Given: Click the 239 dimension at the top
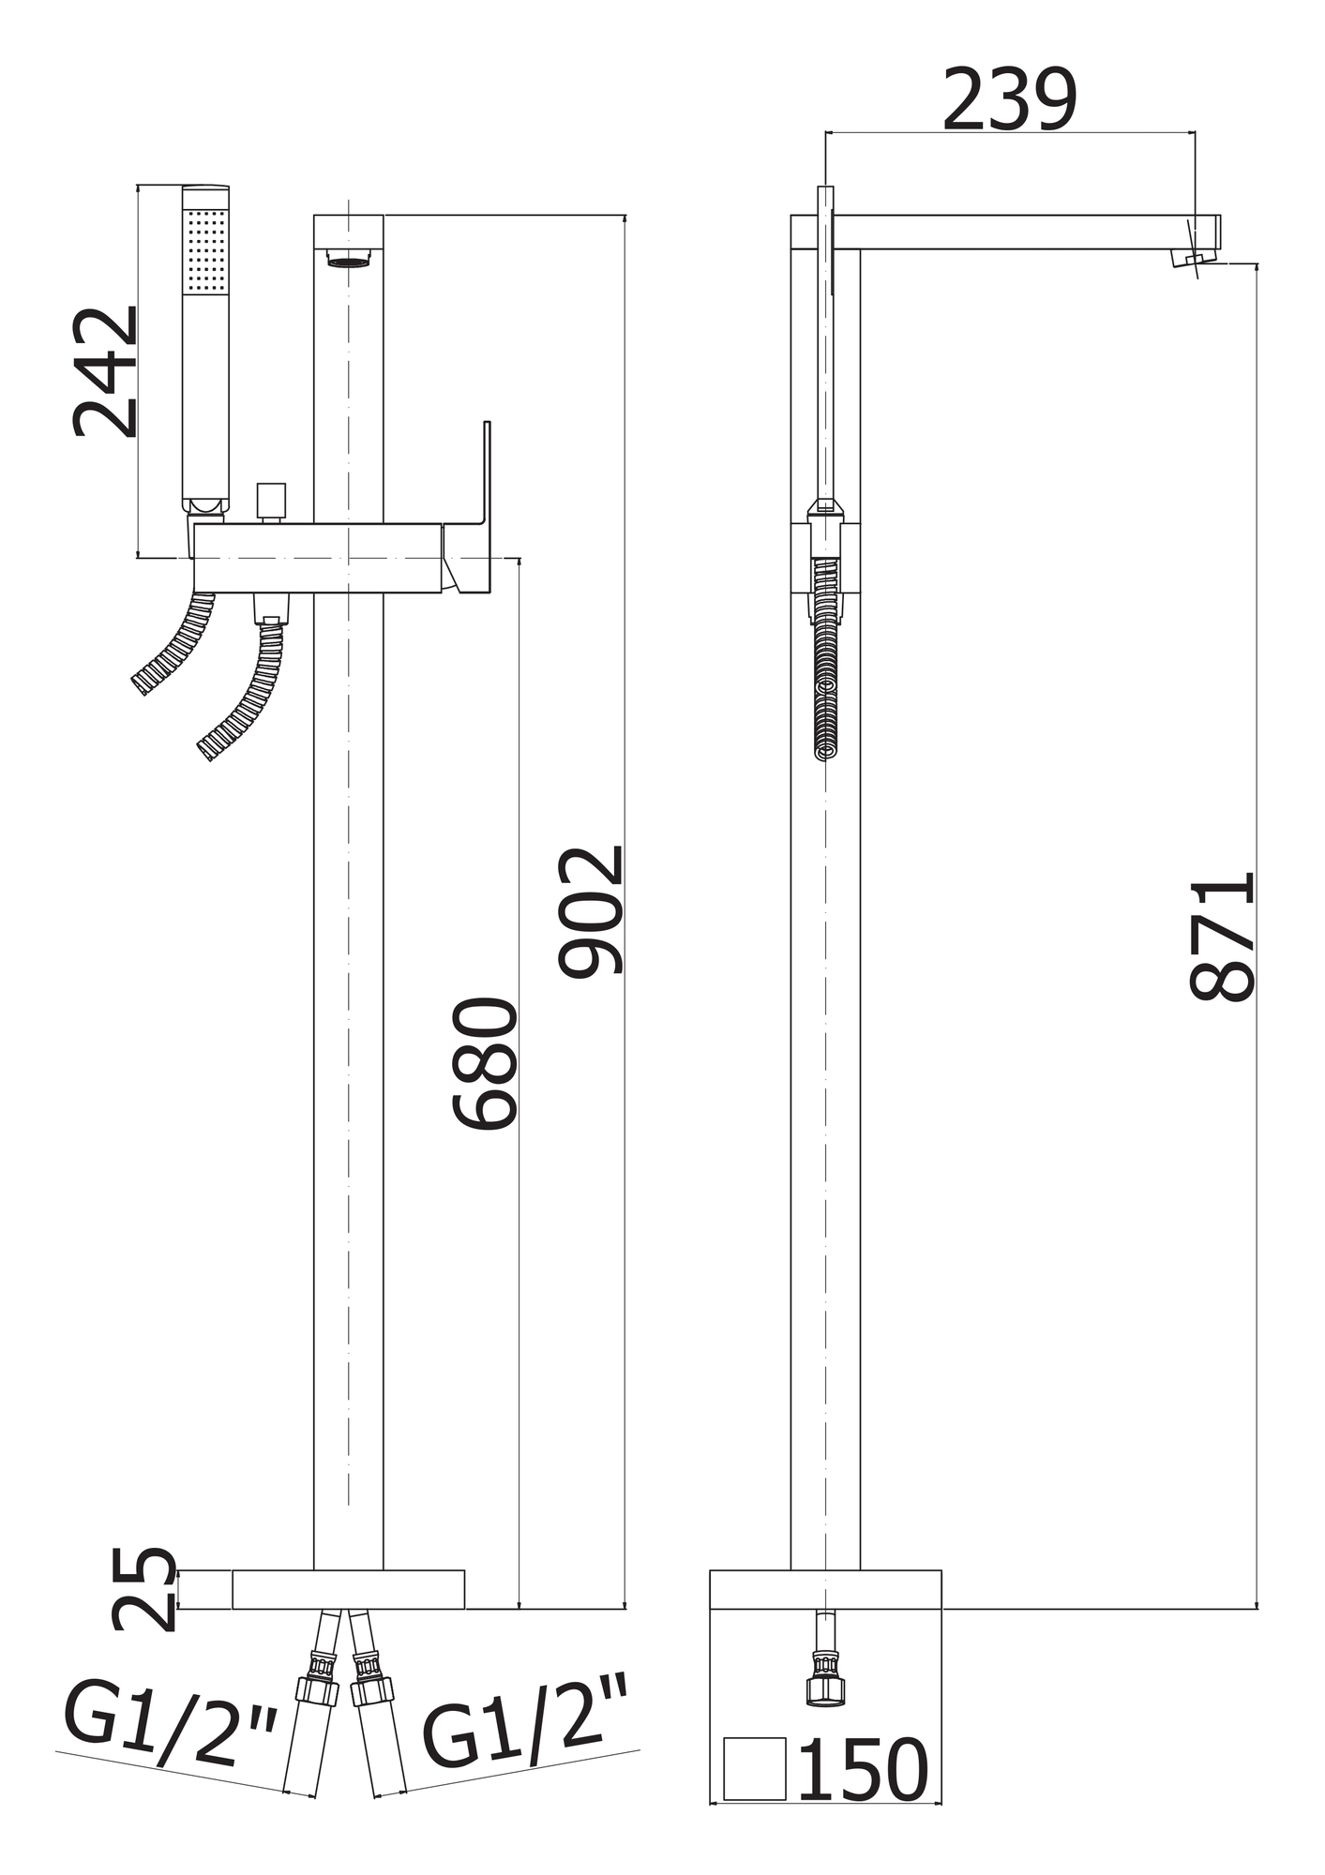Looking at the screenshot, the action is [x=1010, y=100].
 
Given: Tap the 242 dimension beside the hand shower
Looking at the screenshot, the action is [x=105, y=372].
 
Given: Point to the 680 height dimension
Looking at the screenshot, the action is [x=485, y=1064].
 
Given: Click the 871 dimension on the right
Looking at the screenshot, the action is [x=1221, y=937].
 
